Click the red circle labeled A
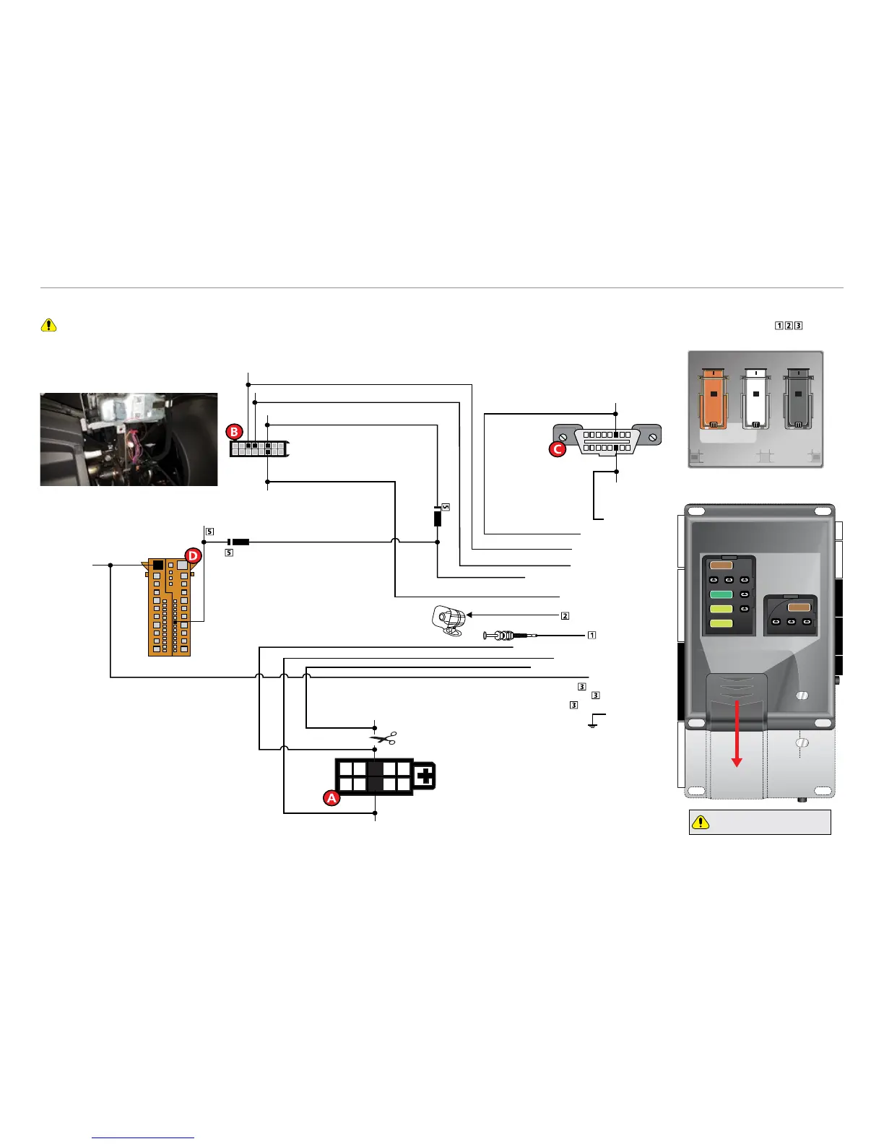click(331, 798)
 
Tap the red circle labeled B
click(234, 432)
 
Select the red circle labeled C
click(558, 448)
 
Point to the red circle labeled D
click(193, 555)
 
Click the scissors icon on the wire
click(383, 738)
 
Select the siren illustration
click(448, 620)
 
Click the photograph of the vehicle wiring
click(129, 439)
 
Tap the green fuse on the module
click(721, 595)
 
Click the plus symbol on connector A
click(425, 776)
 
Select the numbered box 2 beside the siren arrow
click(565, 615)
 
